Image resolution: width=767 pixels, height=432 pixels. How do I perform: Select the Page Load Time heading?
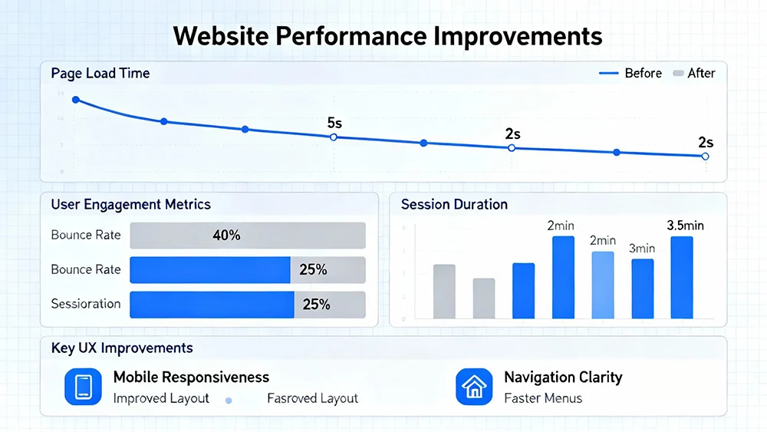point(100,74)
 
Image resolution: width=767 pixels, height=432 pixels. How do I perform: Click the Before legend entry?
point(643,74)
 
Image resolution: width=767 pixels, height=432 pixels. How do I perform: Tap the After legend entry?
point(701,74)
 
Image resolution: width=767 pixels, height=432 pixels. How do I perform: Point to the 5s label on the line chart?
point(334,123)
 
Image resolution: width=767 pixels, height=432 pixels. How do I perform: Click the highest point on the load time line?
point(75,100)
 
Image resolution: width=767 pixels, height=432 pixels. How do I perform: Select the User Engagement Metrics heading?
point(130,205)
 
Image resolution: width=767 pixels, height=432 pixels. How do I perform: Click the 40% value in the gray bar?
point(226,236)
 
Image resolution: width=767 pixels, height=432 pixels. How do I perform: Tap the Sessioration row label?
point(86,304)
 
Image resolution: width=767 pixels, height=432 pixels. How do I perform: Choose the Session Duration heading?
point(454,205)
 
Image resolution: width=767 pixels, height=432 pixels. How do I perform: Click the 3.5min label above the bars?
point(685,226)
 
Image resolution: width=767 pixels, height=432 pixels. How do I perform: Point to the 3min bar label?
point(642,249)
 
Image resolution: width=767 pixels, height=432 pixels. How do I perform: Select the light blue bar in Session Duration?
point(603,285)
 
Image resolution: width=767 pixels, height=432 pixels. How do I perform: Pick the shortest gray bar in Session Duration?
point(484,298)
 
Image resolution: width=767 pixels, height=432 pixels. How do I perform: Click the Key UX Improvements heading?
point(122,348)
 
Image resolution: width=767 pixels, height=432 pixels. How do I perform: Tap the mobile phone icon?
point(83,387)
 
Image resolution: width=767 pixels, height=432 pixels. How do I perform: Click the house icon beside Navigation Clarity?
point(474,387)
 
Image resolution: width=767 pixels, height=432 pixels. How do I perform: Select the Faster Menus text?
point(543,398)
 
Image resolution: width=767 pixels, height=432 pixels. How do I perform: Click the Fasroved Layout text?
point(312,398)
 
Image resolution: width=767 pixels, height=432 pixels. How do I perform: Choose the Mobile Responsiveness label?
point(191,378)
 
